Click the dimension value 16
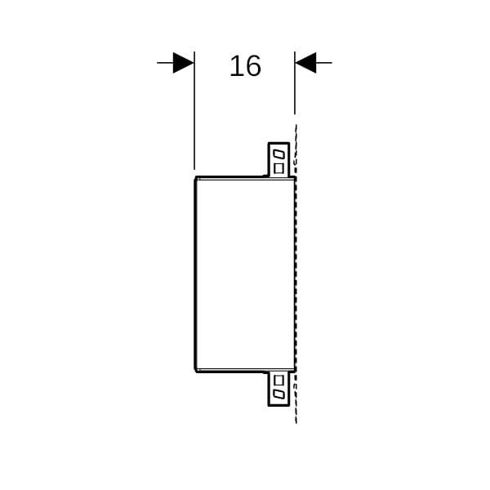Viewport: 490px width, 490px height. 245,66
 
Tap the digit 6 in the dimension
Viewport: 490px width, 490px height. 253,66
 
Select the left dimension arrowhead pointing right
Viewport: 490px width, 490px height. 184,63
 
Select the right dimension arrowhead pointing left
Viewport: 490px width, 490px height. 305,63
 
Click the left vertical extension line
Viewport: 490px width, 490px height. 194,110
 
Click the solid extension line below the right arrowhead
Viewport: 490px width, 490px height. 295,83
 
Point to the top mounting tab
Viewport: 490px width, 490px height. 278,160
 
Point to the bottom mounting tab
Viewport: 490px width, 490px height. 278,389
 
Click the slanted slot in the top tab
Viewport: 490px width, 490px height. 278,154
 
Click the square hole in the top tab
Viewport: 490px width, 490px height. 278,168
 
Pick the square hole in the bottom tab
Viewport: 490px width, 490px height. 278,381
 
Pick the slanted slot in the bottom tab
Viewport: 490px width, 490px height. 278,394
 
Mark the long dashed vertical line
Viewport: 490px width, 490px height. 296,274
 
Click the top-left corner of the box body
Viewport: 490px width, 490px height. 196,177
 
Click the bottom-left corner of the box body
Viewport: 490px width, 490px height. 196,372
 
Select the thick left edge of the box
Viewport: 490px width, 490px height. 195,274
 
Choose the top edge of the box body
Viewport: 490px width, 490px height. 245,178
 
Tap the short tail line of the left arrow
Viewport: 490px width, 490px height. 165,63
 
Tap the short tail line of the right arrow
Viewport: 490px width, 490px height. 324,63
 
